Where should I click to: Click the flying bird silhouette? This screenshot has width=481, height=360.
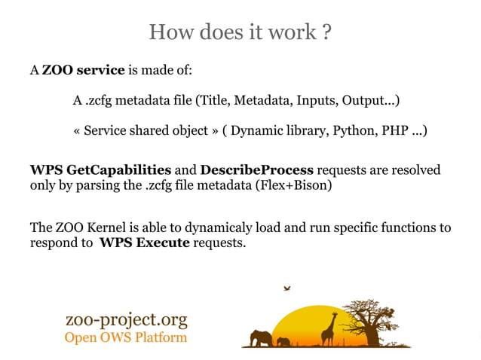tap(286, 288)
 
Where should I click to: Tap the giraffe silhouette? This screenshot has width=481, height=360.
tap(329, 328)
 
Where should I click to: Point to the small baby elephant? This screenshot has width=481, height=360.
tap(283, 342)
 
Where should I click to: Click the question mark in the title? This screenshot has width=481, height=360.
tap(326, 32)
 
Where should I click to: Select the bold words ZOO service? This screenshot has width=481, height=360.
tap(83, 71)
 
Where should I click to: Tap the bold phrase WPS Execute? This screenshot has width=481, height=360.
tap(144, 243)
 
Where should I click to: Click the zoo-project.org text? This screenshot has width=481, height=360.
tap(127, 320)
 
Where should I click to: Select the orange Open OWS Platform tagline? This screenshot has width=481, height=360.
tap(126, 337)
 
